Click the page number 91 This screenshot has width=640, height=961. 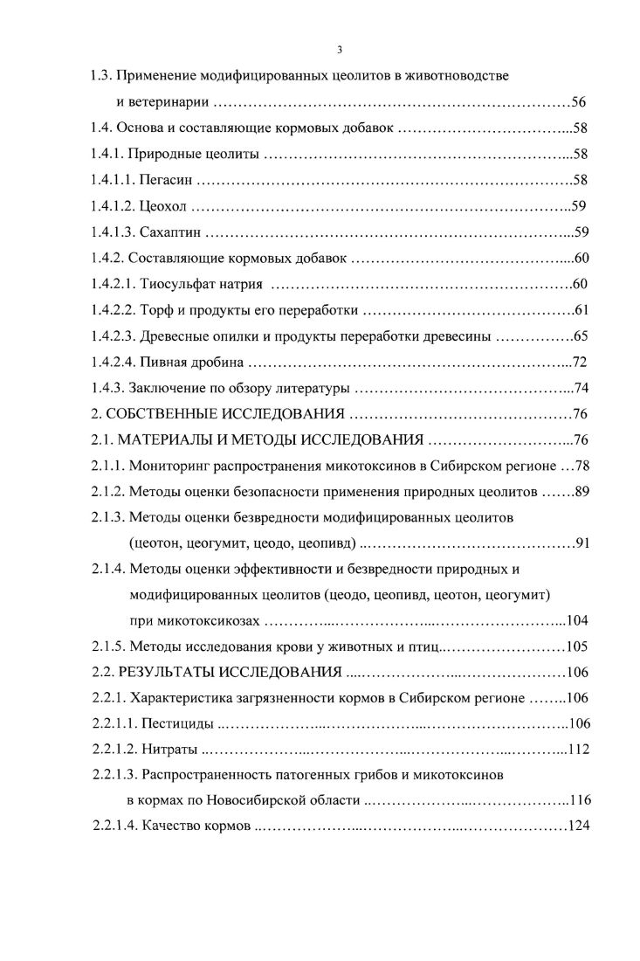(583, 543)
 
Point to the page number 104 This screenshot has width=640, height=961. (576, 621)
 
